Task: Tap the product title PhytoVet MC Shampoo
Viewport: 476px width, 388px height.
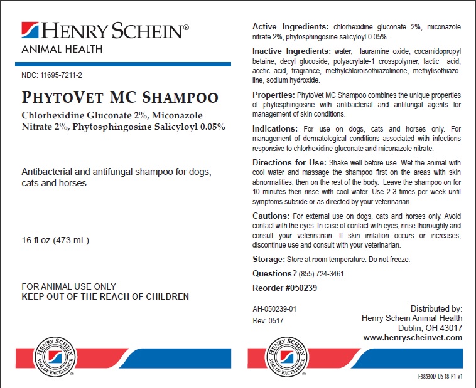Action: point(120,98)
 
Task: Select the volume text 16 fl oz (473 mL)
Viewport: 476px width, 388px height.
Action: point(55,240)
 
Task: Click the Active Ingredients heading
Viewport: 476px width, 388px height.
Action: point(290,27)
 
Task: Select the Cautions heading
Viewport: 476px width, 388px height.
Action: point(271,216)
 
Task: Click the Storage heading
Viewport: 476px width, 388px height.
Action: point(268,259)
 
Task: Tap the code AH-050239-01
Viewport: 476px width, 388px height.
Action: point(274,309)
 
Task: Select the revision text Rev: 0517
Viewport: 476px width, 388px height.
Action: point(268,320)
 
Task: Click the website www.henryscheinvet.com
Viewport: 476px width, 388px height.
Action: point(413,337)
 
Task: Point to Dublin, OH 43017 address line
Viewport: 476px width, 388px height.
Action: point(430,328)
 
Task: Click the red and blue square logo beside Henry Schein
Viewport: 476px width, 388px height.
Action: point(30,31)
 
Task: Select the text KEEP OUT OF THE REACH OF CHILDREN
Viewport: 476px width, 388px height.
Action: point(105,296)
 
